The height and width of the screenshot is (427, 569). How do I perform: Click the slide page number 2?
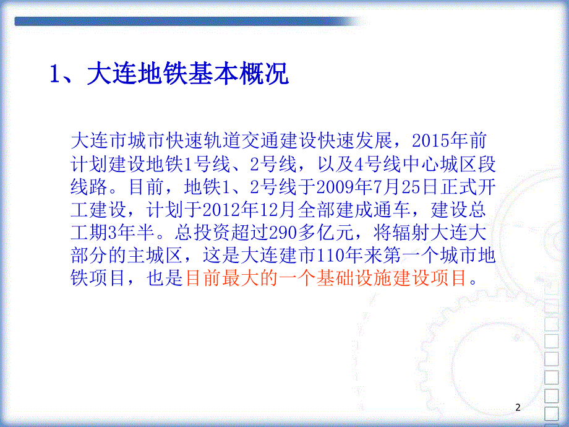(518, 407)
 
